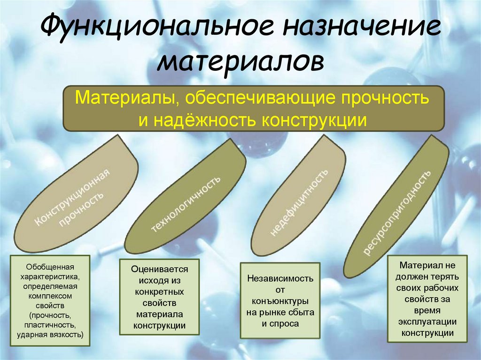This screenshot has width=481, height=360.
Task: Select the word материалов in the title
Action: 240,62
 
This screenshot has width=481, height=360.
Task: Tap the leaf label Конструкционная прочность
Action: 75,198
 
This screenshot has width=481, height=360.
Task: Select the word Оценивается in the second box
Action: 160,270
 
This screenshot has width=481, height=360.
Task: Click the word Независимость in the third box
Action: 280,278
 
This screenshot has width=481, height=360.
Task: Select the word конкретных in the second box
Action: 160,292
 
